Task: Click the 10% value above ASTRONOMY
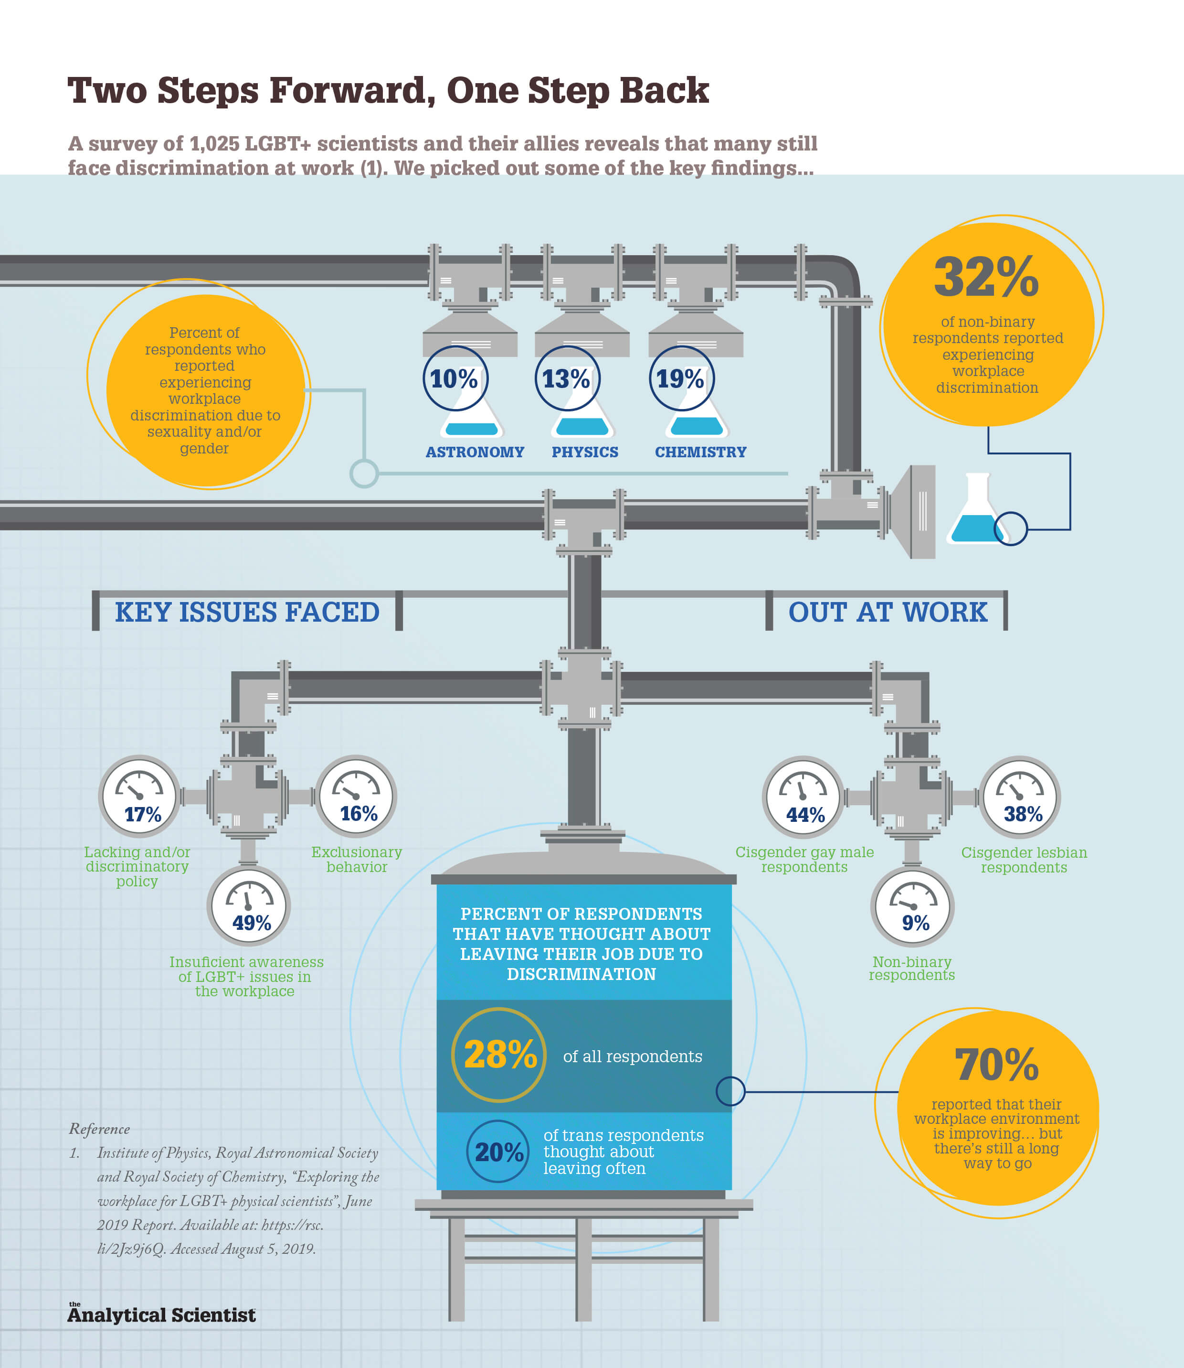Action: [x=455, y=379]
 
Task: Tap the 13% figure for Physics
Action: [x=566, y=379]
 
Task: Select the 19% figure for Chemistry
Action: [x=680, y=379]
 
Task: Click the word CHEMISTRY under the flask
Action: [x=700, y=452]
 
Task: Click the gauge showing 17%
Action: [x=139, y=796]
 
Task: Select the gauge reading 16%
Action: [x=356, y=796]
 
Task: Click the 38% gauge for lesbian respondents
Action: [x=1019, y=797]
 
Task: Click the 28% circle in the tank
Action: [x=499, y=1055]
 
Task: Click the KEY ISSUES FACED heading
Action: [x=247, y=612]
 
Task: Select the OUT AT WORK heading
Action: [x=888, y=612]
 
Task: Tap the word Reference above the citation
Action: [x=99, y=1129]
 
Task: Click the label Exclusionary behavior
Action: [x=357, y=860]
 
